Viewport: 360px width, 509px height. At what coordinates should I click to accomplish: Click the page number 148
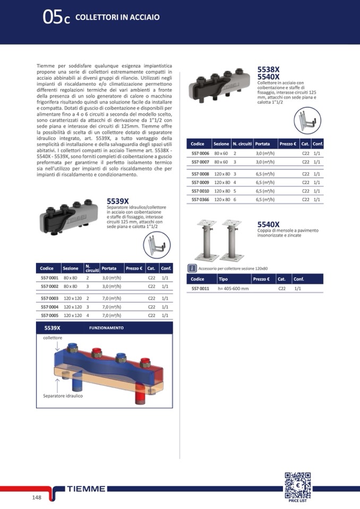click(36, 497)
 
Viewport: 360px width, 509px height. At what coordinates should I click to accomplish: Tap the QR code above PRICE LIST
click(297, 484)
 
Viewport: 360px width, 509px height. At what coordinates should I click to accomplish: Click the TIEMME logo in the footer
click(86, 488)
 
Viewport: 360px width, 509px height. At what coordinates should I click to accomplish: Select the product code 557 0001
click(49, 278)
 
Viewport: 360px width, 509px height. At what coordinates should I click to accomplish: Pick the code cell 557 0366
click(200, 200)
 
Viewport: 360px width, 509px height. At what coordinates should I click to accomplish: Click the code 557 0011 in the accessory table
click(200, 288)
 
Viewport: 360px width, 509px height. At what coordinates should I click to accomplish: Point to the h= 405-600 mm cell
click(233, 288)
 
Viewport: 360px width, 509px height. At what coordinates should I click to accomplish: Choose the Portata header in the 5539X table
click(109, 268)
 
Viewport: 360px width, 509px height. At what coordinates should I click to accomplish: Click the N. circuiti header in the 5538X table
click(242, 144)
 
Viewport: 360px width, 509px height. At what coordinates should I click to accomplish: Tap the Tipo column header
click(224, 279)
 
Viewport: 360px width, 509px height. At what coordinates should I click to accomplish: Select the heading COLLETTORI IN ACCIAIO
click(117, 18)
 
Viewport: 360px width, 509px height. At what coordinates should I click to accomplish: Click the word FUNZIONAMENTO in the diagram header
click(106, 328)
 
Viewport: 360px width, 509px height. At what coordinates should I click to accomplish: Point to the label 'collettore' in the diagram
click(53, 338)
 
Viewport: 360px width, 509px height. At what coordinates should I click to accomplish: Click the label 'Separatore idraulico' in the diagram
click(63, 396)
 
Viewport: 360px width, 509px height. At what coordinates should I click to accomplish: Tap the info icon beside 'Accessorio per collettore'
click(193, 269)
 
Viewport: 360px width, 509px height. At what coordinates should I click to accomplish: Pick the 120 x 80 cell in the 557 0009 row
click(221, 182)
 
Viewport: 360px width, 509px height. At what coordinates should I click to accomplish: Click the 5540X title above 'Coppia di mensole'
click(268, 225)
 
